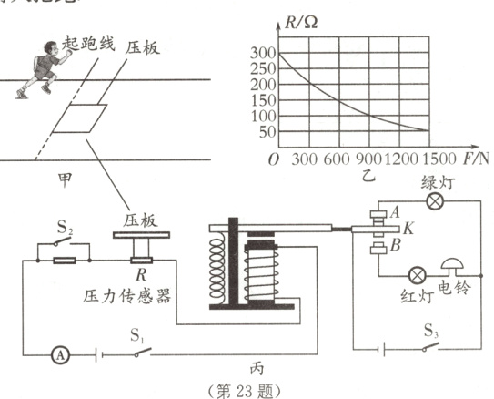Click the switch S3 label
point(433,332)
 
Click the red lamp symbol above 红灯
point(418,272)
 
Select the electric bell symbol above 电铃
point(451,268)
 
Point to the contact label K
point(408,228)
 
